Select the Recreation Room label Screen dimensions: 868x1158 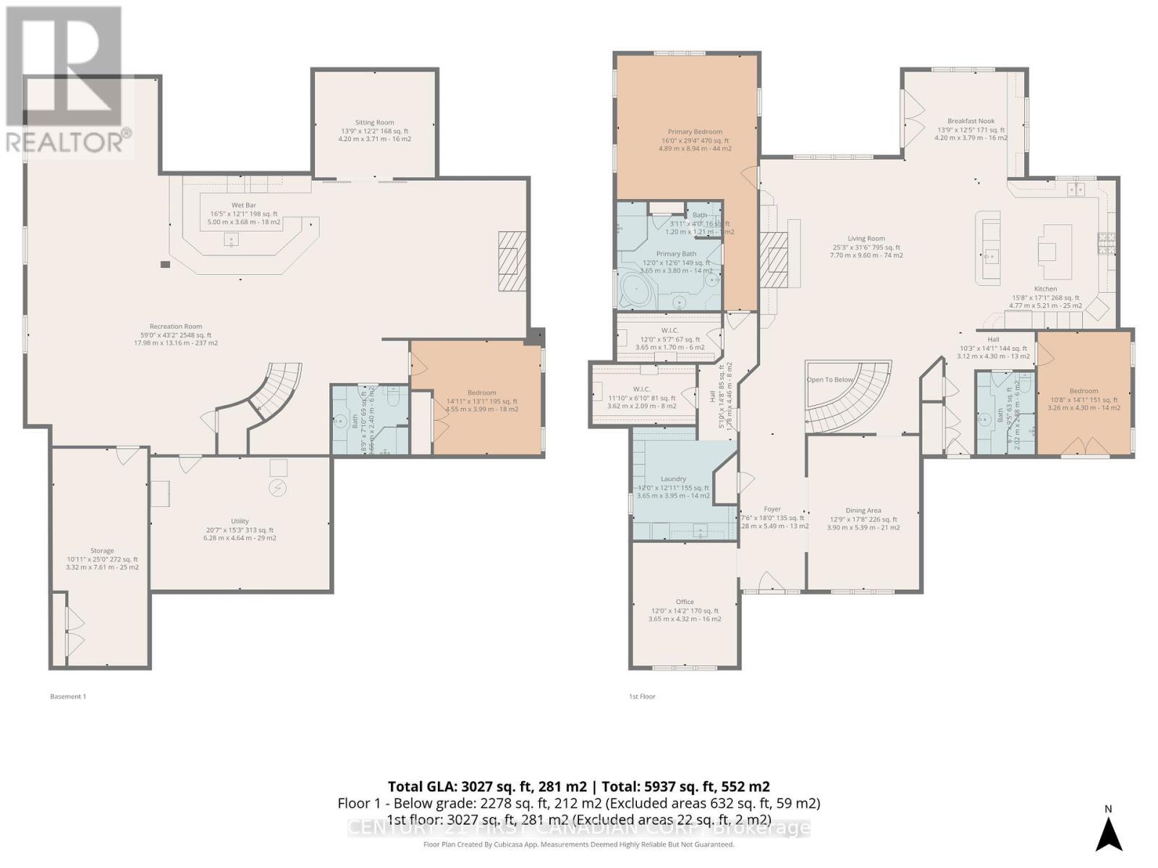point(176,327)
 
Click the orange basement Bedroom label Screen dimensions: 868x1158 point(481,393)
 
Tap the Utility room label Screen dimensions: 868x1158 point(240,522)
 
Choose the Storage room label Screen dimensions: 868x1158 point(102,551)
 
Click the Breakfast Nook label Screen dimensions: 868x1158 point(971,122)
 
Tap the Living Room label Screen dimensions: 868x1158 point(866,239)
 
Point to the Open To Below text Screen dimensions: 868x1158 point(830,380)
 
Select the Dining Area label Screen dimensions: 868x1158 point(863,511)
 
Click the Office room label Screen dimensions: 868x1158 point(685,602)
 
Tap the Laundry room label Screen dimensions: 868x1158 point(673,480)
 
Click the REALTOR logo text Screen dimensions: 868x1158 point(69,141)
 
